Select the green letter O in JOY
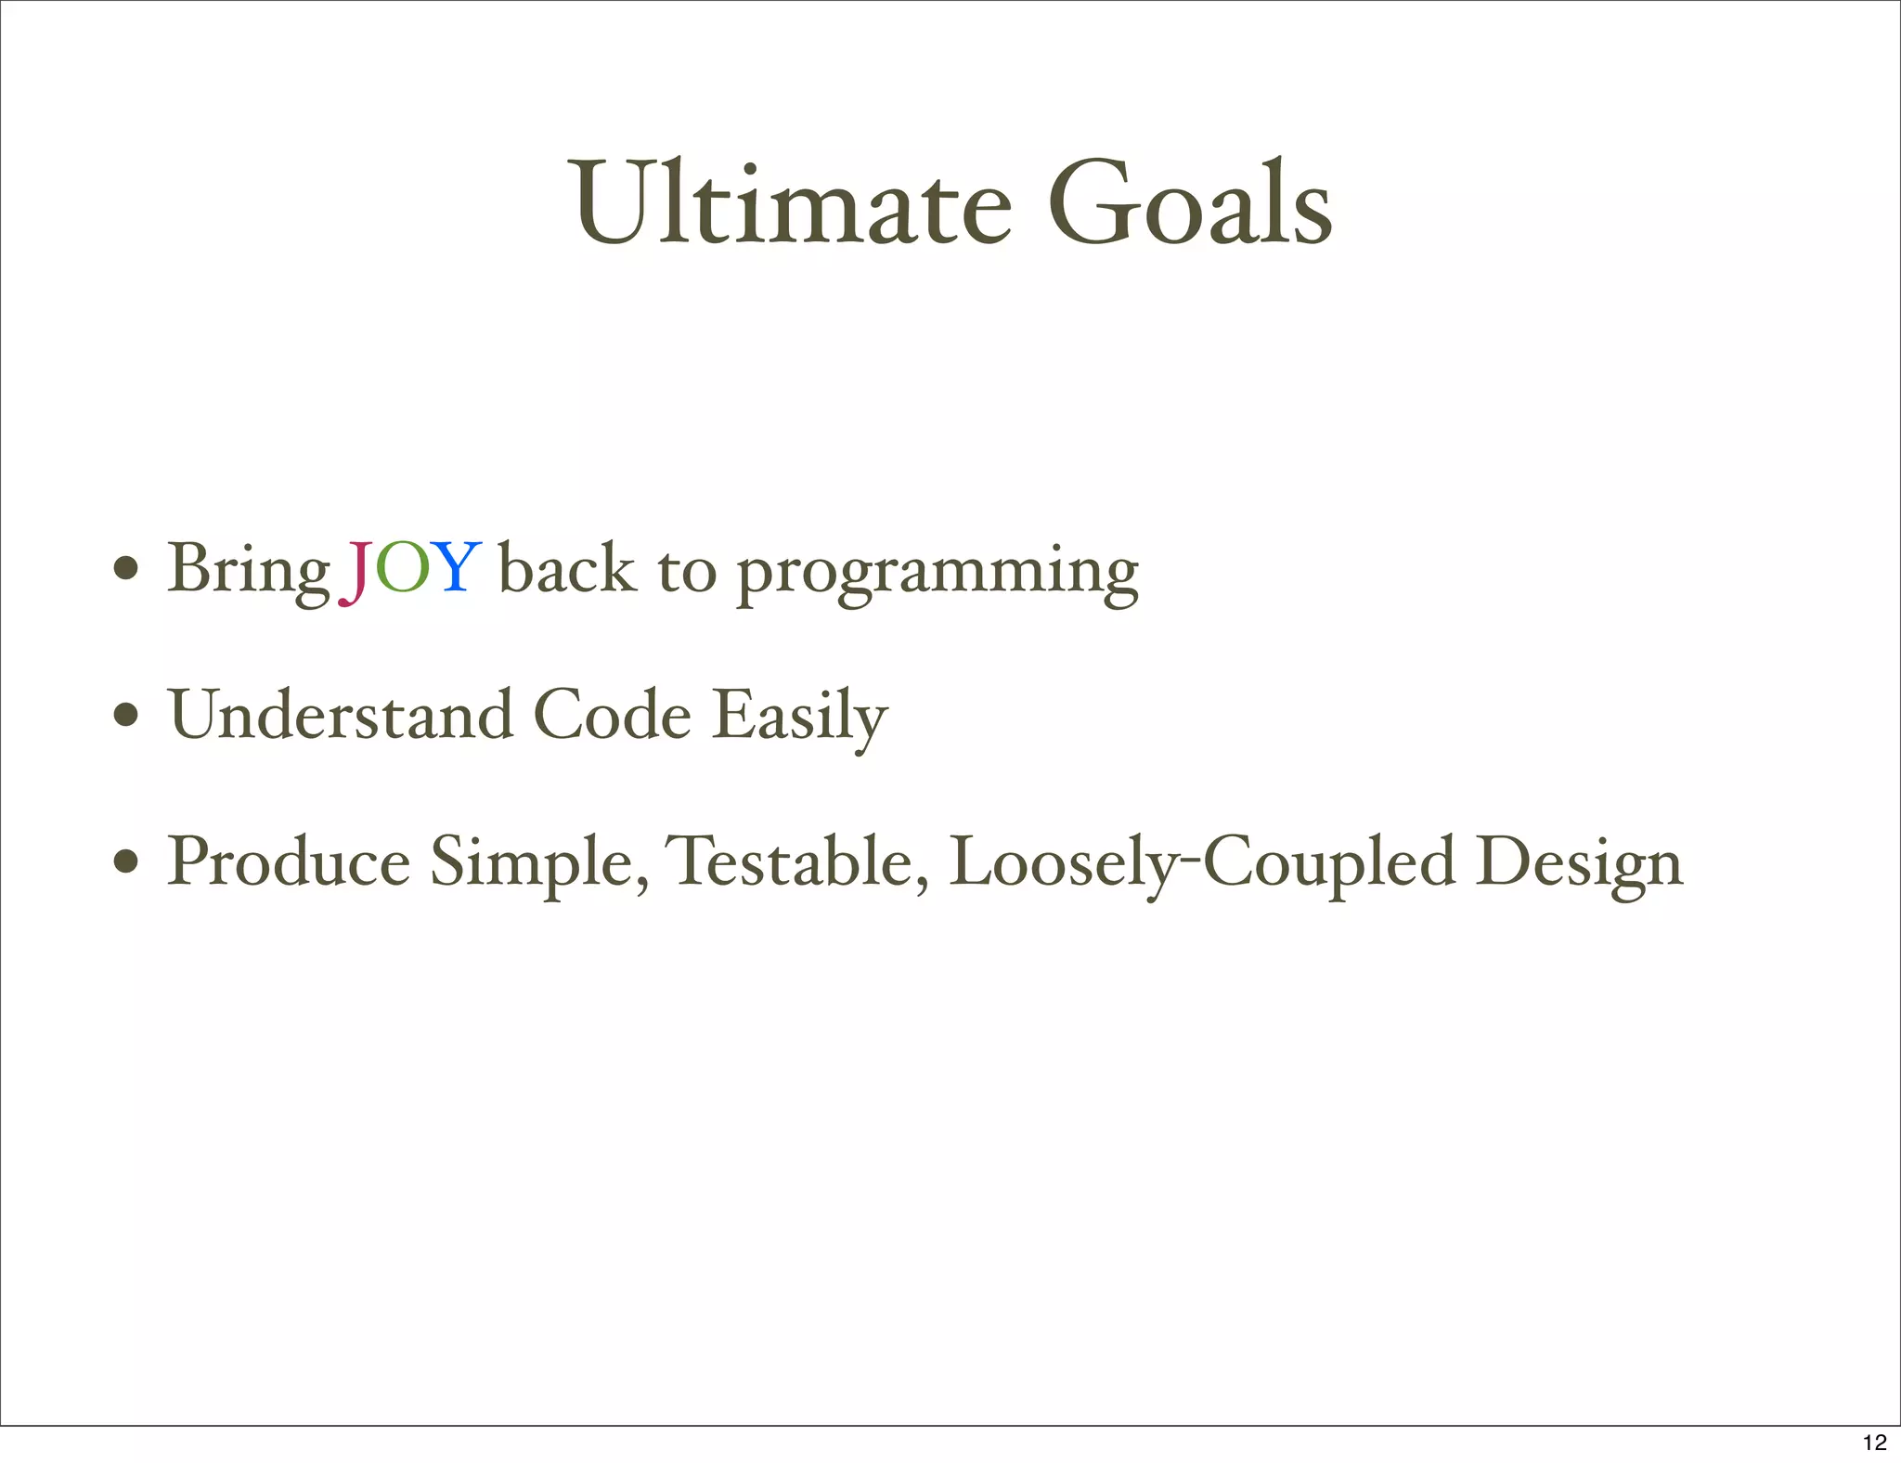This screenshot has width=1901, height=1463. point(403,567)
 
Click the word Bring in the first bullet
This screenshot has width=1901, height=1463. point(249,569)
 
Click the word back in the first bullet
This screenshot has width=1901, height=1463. point(567,567)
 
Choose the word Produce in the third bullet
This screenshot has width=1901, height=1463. point(289,861)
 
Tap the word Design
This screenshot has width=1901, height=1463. point(1579,864)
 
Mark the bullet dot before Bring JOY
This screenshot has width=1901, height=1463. point(126,567)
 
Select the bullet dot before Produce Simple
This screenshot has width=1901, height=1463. point(126,861)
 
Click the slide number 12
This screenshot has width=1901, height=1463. point(1874,1442)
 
